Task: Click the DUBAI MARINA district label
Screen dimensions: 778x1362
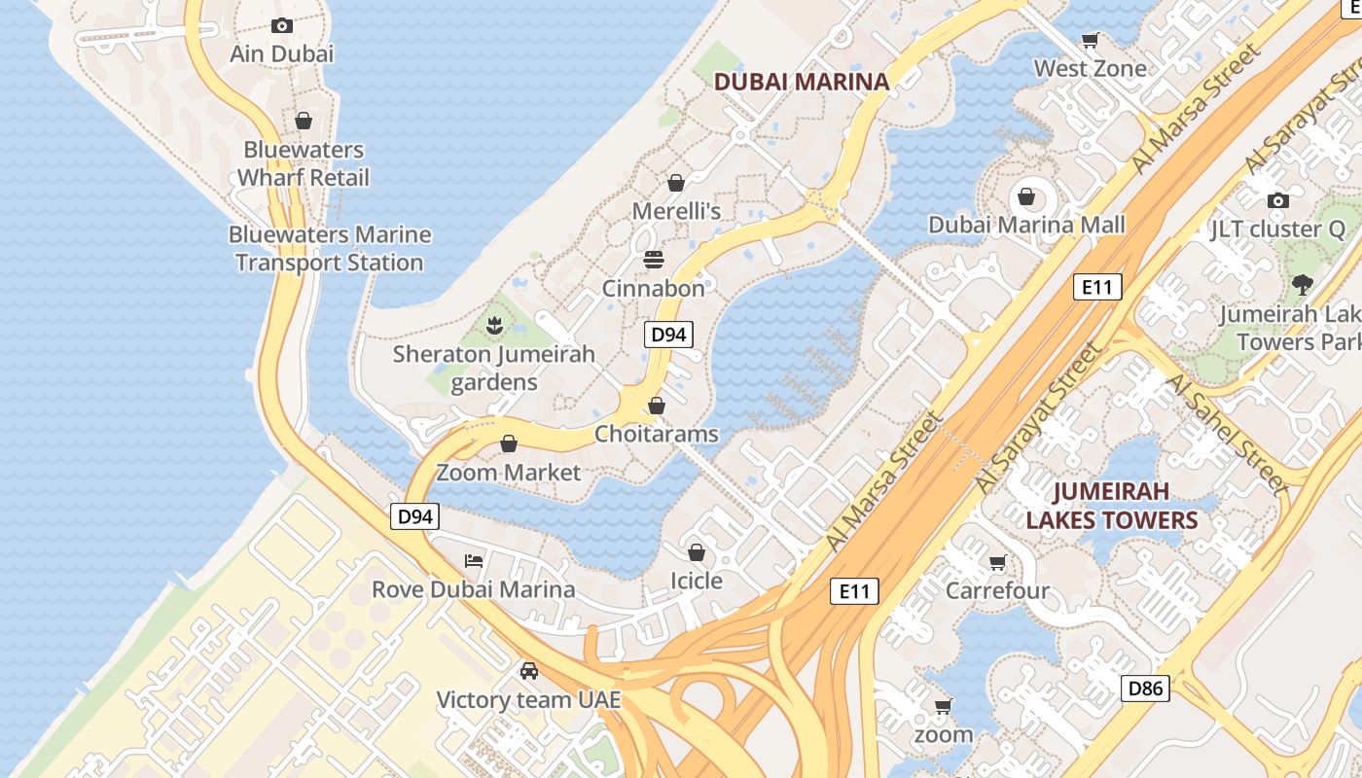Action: [x=802, y=82]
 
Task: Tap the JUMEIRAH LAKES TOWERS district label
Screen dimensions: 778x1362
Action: [x=1111, y=506]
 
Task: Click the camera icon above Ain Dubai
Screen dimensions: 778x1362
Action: [x=282, y=26]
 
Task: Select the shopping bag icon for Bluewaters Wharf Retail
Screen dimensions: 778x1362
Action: [x=304, y=121]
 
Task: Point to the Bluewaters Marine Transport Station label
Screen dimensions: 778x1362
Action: [x=330, y=249]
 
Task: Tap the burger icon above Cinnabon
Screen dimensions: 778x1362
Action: [x=654, y=260]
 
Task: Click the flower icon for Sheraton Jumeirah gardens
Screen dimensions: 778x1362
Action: [x=494, y=325]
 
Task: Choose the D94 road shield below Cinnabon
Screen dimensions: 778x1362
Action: [x=668, y=335]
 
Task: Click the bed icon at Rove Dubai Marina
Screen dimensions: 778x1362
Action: [x=474, y=560]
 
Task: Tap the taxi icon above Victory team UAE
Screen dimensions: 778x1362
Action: [x=529, y=671]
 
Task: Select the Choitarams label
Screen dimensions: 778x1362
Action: [x=656, y=434]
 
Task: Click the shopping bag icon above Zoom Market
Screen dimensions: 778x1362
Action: [x=508, y=444]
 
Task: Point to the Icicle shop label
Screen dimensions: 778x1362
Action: [x=697, y=581]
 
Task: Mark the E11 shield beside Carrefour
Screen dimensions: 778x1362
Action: [x=854, y=590]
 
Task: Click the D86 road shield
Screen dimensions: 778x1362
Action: [x=1144, y=690]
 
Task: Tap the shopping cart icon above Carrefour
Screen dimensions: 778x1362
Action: [x=997, y=562]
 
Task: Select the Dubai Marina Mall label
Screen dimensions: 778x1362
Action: [x=1026, y=225]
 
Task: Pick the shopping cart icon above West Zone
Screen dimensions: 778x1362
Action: [x=1091, y=40]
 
